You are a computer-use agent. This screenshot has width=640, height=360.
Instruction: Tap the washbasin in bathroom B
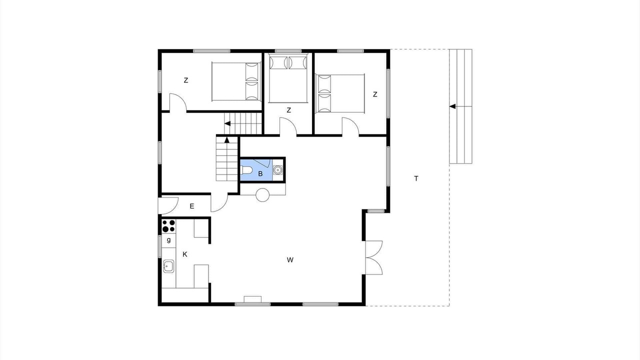point(277,170)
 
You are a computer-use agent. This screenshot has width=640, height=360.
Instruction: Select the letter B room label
point(260,173)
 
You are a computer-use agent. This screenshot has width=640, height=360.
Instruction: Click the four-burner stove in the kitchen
point(168,225)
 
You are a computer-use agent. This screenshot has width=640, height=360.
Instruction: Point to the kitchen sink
point(168,266)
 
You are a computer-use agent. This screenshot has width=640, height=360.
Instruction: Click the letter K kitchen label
point(185,254)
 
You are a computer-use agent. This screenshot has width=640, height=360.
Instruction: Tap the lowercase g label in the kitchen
point(169,240)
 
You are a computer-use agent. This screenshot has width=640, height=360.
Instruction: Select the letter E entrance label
point(192,206)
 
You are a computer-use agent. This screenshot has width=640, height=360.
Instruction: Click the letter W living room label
point(290,259)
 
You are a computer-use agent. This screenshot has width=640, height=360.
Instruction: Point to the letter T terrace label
point(416,178)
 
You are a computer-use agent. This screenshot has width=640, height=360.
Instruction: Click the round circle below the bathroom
point(262,195)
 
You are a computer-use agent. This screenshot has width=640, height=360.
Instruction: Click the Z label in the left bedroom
point(186,80)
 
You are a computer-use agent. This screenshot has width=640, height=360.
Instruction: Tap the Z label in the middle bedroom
point(289,110)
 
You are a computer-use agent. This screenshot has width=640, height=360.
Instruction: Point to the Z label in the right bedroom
point(375,94)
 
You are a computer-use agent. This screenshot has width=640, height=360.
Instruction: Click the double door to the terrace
point(373,257)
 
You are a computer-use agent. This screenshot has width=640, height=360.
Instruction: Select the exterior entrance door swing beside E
point(168,205)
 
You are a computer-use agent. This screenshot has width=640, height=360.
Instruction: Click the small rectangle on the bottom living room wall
point(253,299)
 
